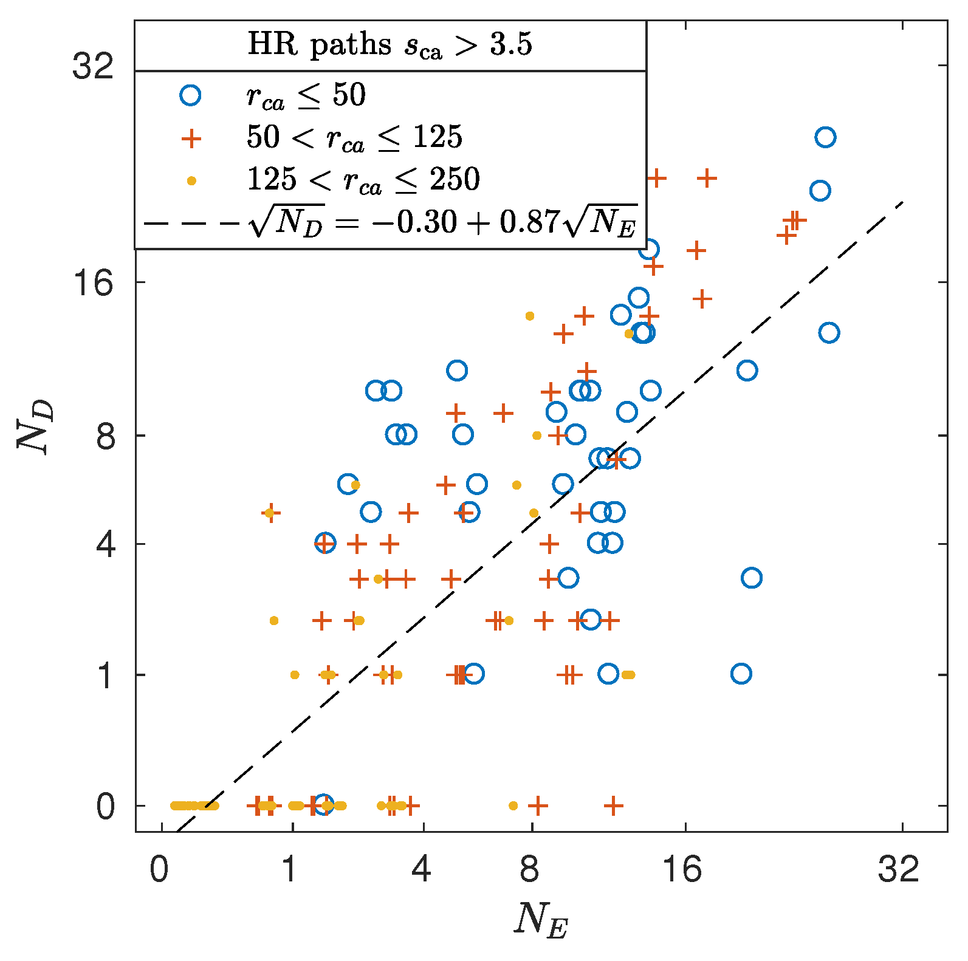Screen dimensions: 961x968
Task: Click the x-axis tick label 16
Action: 681,869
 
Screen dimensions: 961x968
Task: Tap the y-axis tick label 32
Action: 93,66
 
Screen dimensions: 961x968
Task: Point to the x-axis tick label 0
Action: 159,869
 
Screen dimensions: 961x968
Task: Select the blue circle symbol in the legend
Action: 191,95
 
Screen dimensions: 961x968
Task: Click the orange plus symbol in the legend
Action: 191,138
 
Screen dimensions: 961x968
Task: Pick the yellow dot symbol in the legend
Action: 191,180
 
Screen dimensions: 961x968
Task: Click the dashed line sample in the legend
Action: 191,223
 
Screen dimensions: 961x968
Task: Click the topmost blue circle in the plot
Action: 825,137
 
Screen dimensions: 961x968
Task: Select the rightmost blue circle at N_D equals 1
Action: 741,674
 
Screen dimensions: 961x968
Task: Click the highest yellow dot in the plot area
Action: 529,316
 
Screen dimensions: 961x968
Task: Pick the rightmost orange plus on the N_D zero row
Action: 614,806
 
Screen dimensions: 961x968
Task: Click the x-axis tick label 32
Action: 898,869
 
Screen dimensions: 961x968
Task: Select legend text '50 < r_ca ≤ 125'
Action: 354,137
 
